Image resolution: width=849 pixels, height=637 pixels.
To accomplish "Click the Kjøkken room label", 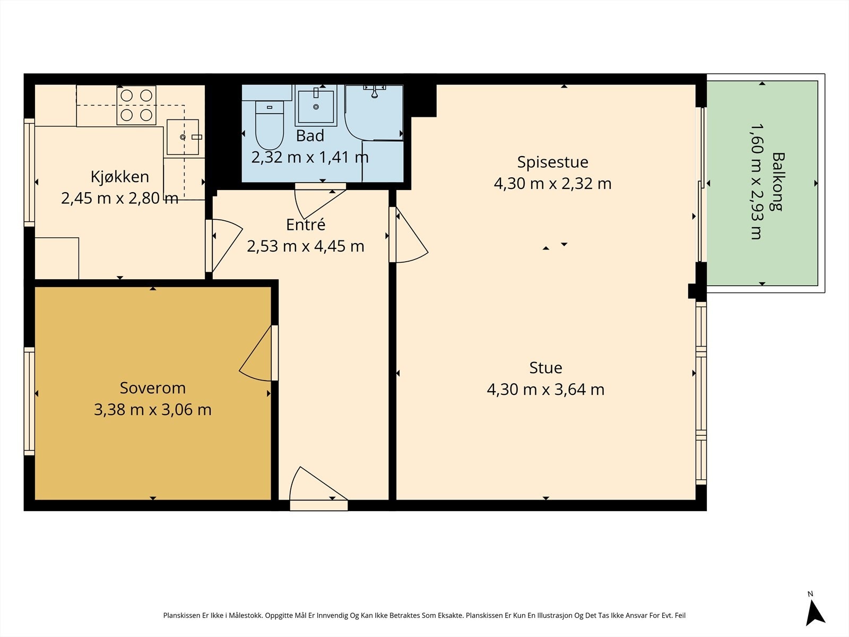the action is point(119,177).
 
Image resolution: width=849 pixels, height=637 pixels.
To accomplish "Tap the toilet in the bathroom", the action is point(270,125).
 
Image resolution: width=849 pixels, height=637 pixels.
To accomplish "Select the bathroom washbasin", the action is point(316,106).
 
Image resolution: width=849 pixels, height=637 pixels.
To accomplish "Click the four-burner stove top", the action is point(136,105).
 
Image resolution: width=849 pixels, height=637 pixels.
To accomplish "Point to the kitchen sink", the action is point(183,137).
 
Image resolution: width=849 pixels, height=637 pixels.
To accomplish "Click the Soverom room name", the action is point(153,388).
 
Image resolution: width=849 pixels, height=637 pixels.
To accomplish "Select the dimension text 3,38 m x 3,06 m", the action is point(153,410).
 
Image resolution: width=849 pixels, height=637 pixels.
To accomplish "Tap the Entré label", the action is point(306,225).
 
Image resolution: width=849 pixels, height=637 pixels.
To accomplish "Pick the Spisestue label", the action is point(553,162).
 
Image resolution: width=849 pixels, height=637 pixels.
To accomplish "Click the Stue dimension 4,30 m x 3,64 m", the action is point(545,390).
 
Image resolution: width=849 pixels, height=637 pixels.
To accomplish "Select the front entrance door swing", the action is point(318,484).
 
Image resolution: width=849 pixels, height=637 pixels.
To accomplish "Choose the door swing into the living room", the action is point(412,235).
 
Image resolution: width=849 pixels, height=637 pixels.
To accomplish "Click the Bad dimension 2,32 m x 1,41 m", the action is point(310,158).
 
